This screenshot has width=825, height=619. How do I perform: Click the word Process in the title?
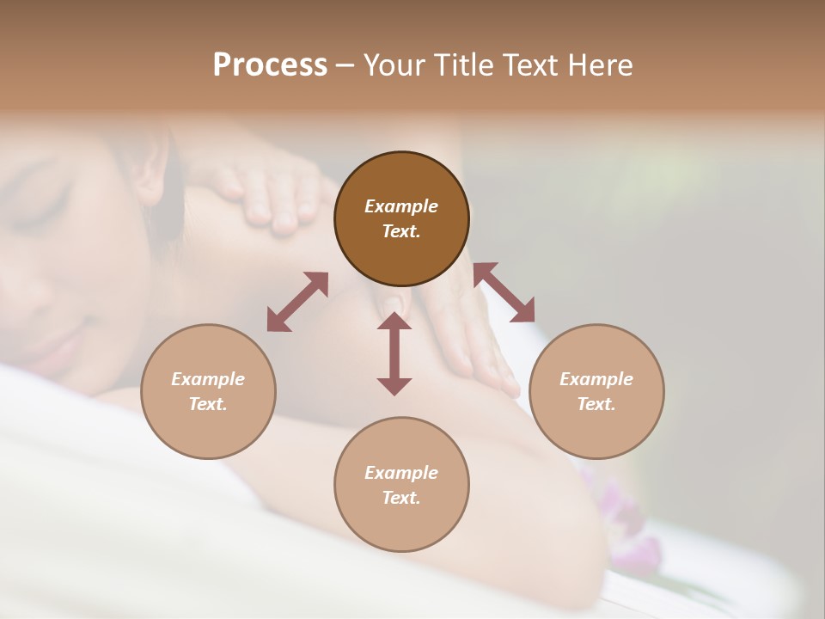click(x=270, y=65)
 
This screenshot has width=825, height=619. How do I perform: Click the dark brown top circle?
click(x=401, y=218)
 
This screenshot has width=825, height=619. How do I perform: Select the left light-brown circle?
click(x=208, y=391)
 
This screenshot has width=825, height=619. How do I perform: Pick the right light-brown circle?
click(x=596, y=391)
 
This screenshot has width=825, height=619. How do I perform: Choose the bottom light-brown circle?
click(x=401, y=484)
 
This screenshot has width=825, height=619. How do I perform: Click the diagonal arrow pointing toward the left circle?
click(x=297, y=302)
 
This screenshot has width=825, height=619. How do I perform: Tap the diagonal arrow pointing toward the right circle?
click(x=504, y=293)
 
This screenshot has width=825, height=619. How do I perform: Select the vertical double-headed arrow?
click(x=394, y=353)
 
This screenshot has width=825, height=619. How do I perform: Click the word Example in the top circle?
click(x=401, y=206)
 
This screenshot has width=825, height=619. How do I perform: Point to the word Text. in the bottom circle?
click(x=401, y=498)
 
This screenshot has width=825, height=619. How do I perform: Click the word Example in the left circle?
click(x=208, y=379)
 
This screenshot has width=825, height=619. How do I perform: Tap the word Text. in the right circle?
click(x=596, y=404)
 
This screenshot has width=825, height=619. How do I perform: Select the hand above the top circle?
click(x=271, y=193)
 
